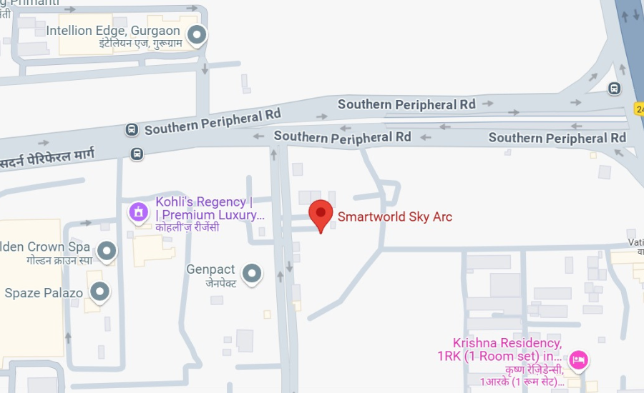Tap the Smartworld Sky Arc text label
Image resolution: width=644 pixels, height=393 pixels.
click(x=395, y=217)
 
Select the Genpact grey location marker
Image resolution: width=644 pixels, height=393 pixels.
click(x=251, y=272)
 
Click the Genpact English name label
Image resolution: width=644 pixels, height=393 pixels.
click(x=210, y=269)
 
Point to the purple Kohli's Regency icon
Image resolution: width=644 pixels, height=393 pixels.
click(x=137, y=212)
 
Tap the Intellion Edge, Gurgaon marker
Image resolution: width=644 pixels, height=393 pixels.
click(x=197, y=34)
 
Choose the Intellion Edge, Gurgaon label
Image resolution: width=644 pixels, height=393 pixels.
click(x=114, y=31)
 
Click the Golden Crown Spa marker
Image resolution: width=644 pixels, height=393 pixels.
click(x=107, y=251)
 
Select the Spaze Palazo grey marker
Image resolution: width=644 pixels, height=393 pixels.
click(x=100, y=292)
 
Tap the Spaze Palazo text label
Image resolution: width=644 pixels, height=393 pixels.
click(x=44, y=293)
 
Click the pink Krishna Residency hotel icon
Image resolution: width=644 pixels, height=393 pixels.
click(x=579, y=359)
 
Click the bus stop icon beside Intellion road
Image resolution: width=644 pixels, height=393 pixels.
click(x=132, y=129)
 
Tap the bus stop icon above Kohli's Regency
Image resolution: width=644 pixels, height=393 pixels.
click(x=137, y=153)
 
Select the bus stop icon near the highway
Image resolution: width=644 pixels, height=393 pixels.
click(x=614, y=89)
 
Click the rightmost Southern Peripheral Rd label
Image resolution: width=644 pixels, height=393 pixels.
click(x=557, y=138)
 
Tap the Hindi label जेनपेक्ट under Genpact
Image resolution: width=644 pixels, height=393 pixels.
click(x=221, y=284)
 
